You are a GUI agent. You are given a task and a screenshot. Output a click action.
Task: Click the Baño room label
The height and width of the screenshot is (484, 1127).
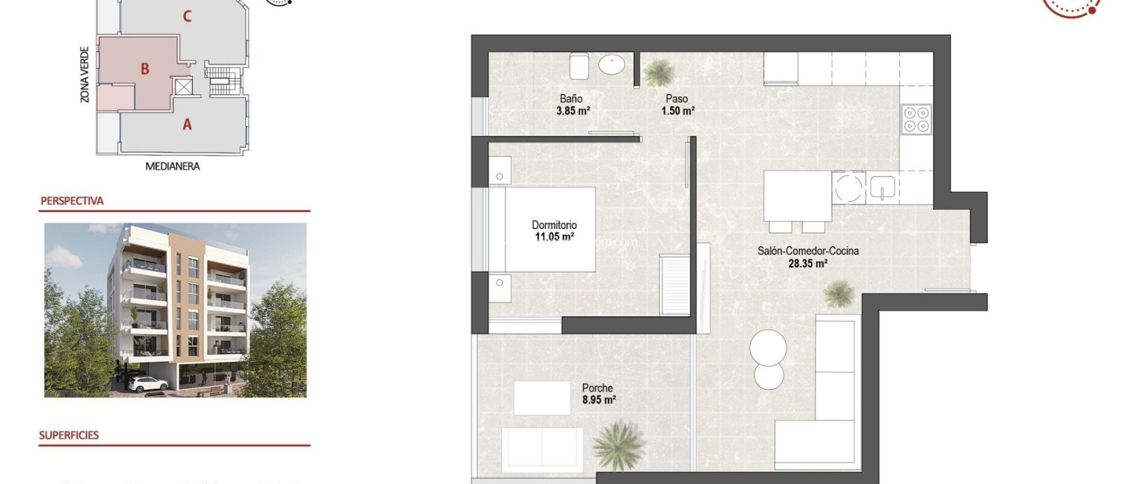(x=571, y=99)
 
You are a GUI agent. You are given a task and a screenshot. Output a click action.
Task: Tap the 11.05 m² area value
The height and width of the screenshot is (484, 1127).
(x=554, y=237)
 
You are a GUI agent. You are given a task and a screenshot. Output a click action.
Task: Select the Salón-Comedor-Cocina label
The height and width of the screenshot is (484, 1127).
(x=808, y=251)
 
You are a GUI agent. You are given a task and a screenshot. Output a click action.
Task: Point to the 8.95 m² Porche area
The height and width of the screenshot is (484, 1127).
(x=599, y=400)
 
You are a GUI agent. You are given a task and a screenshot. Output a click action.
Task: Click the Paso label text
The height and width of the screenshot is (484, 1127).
(x=676, y=99)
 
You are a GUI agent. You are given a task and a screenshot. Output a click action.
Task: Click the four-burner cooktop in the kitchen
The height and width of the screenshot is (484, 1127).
(x=916, y=119)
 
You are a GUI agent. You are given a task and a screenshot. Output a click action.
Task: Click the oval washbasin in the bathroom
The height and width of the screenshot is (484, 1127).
(x=612, y=64)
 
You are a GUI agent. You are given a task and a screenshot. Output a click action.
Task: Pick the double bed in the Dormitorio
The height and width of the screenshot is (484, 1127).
(x=542, y=229)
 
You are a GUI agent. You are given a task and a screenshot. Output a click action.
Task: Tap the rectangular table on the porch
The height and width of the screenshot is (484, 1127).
(x=541, y=398)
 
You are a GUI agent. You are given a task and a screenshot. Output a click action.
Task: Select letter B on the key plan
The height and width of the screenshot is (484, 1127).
(x=145, y=69)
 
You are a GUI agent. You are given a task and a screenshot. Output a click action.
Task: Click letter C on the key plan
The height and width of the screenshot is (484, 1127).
(x=187, y=16)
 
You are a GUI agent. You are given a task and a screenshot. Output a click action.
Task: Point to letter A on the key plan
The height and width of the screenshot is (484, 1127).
(x=187, y=125)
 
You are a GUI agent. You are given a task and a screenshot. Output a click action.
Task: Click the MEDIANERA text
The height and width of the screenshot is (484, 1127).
(x=172, y=166)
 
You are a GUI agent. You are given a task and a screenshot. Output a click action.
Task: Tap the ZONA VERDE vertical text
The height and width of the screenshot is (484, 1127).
(x=85, y=75)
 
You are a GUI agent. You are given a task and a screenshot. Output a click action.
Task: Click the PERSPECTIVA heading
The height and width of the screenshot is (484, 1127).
(x=72, y=201)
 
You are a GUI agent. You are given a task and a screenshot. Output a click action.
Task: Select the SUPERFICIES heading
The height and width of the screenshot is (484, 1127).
(x=69, y=435)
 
